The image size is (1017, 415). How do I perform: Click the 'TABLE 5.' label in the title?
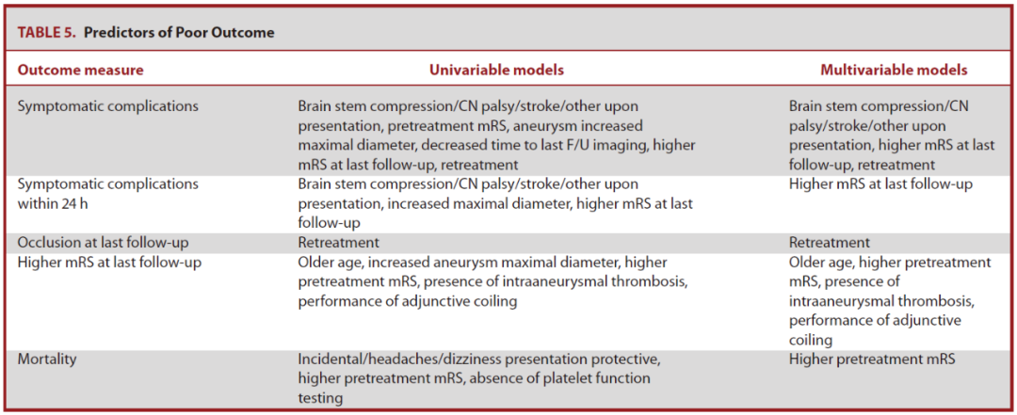46,33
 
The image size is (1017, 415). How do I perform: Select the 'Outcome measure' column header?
80,70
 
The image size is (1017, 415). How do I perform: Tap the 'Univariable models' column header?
496,70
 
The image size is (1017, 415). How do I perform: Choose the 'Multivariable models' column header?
894,70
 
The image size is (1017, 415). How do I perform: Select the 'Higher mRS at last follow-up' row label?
109,263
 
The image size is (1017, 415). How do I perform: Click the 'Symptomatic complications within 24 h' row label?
107,194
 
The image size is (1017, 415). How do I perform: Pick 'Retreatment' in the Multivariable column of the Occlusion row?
830,243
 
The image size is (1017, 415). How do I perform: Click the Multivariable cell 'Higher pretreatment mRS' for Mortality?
872,359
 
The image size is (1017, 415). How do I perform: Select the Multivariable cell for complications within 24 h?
880,184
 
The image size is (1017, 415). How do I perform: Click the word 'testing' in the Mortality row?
320,398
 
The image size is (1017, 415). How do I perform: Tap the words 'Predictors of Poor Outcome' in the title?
179,33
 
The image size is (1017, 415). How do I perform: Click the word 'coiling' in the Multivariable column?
811,340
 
